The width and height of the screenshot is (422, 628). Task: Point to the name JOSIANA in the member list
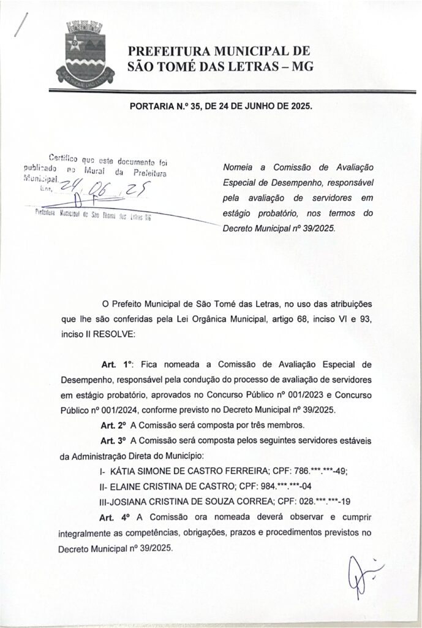137,502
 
